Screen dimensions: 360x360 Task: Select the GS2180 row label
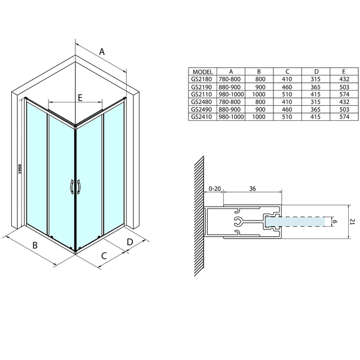click(x=202, y=80)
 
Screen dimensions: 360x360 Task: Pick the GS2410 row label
click(x=202, y=117)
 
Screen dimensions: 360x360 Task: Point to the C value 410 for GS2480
click(x=287, y=102)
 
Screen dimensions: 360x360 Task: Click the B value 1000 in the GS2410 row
click(x=258, y=117)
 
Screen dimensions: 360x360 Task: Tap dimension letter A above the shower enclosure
click(x=102, y=52)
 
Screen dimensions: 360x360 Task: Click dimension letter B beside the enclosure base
click(x=35, y=245)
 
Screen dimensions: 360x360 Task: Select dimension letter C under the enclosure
click(x=104, y=256)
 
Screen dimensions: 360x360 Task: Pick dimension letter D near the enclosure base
click(x=129, y=242)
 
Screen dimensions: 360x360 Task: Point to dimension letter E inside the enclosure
click(x=80, y=98)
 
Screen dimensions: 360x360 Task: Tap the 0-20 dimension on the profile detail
click(x=214, y=188)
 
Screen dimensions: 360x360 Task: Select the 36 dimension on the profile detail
click(x=251, y=188)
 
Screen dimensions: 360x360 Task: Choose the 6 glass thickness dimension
click(x=334, y=223)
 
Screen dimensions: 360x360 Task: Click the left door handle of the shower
click(x=71, y=187)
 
